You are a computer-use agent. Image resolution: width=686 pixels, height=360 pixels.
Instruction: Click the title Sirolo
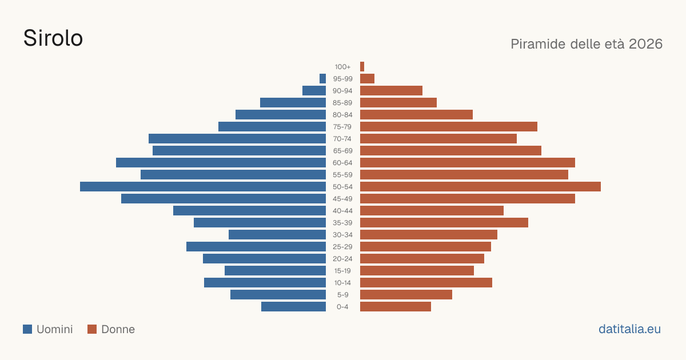click(53, 38)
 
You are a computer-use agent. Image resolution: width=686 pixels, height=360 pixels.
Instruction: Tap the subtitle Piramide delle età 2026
click(587, 44)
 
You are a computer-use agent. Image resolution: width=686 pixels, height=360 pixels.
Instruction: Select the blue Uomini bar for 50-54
click(203, 187)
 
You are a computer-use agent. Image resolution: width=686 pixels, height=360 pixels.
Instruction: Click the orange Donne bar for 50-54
click(481, 187)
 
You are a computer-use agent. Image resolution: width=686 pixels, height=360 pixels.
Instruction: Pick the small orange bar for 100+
click(362, 67)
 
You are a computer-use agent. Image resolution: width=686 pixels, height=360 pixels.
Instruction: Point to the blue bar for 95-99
click(322, 79)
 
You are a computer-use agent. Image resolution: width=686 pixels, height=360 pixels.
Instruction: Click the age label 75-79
click(342, 127)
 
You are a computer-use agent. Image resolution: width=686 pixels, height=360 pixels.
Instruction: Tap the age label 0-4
click(342, 307)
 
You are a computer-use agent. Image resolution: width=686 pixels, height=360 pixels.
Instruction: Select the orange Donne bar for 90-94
click(391, 91)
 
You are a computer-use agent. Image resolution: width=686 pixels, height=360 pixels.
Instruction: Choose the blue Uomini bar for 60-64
click(221, 162)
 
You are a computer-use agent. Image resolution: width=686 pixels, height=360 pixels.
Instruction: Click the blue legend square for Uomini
click(27, 329)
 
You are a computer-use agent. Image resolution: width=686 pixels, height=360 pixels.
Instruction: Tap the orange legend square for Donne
click(92, 329)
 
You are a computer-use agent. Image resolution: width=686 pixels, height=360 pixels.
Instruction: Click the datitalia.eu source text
click(629, 329)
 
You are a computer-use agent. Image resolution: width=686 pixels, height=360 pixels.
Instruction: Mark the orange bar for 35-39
click(444, 222)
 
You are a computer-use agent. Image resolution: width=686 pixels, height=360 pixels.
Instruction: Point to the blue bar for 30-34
click(277, 235)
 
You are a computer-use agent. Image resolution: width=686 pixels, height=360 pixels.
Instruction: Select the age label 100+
click(342, 67)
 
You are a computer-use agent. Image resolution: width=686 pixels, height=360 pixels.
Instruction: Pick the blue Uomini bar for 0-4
click(293, 307)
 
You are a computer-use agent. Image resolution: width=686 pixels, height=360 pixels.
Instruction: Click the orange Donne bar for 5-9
click(406, 294)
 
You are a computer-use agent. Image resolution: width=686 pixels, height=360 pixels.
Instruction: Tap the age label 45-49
click(342, 199)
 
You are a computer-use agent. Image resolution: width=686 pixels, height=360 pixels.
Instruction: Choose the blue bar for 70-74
click(237, 139)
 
